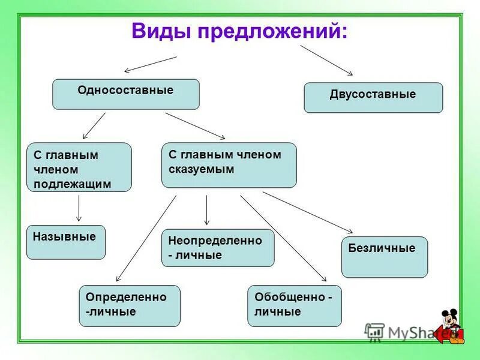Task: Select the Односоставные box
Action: click(125, 94)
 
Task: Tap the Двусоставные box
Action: click(373, 98)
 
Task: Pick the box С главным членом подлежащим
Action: click(79, 167)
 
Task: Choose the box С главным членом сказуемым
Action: click(229, 165)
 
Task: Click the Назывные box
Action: click(65, 242)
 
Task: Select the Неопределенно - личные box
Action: click(218, 248)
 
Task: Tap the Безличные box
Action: click(385, 256)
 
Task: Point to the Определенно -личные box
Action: click(130, 305)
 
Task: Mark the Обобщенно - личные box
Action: click(294, 305)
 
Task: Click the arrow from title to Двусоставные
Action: click(327, 60)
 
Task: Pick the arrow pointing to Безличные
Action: click(307, 212)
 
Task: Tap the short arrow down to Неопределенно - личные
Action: click(206, 210)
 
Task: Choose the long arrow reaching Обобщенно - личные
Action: click(283, 238)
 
